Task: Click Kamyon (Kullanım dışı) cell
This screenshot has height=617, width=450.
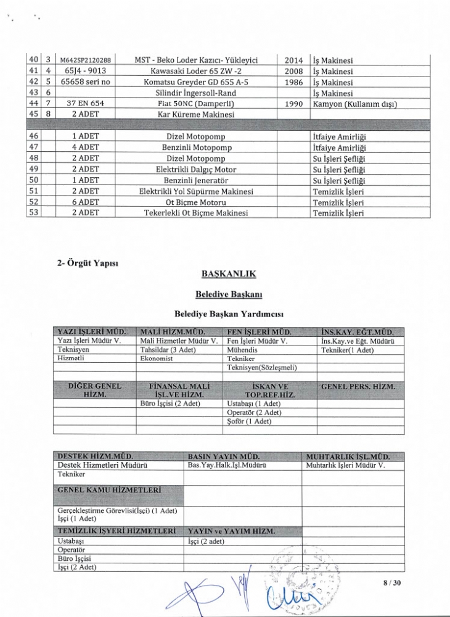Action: click(x=354, y=104)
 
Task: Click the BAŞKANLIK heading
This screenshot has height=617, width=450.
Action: click(x=228, y=273)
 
